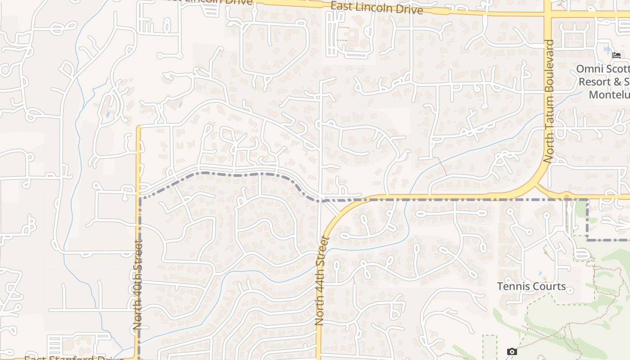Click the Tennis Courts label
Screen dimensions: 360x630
(531, 286)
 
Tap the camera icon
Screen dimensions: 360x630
(512, 351)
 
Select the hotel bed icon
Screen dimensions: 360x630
(616, 55)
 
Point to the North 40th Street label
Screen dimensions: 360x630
(138, 285)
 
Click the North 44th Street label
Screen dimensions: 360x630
(320, 281)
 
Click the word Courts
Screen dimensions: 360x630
(549, 286)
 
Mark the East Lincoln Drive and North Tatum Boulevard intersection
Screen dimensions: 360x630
(548, 13)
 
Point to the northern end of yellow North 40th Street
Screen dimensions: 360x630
(139, 128)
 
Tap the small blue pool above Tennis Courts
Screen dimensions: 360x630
(540, 273)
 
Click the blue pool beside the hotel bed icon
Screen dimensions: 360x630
(607, 49)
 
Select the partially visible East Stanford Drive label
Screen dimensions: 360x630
(74, 358)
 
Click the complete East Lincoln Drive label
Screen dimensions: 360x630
(376, 8)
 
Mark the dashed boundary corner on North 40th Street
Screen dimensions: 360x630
(140, 198)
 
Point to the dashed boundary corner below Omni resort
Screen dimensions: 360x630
(588, 240)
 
